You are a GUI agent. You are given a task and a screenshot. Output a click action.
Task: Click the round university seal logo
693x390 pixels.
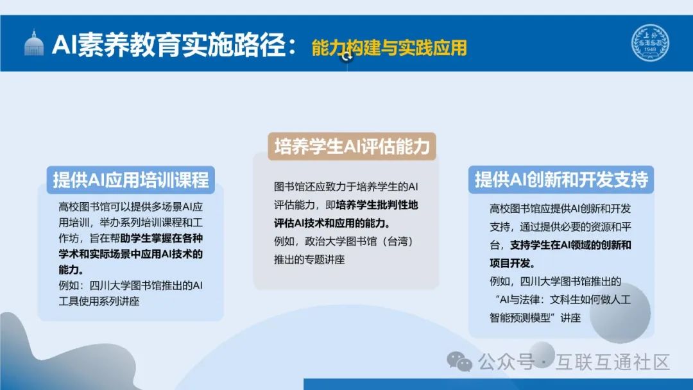tap(650, 44)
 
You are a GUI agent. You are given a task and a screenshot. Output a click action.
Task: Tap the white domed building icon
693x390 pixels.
tap(34, 44)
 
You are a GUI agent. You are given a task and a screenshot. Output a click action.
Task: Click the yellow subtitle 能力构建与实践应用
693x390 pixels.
tap(389, 47)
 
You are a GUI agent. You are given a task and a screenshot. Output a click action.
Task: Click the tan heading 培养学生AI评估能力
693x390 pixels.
tap(352, 146)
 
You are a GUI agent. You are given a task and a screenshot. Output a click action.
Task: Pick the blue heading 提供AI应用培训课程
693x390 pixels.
tap(131, 180)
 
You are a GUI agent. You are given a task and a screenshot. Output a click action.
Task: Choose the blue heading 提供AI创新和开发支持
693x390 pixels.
tap(561, 180)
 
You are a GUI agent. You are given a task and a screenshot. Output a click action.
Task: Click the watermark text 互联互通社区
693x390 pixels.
tap(614, 362)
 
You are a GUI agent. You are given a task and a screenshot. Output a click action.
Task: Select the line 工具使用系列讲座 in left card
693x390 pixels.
tap(98, 301)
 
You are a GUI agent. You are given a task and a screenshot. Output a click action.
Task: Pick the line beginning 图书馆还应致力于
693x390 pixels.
tap(346, 187)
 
